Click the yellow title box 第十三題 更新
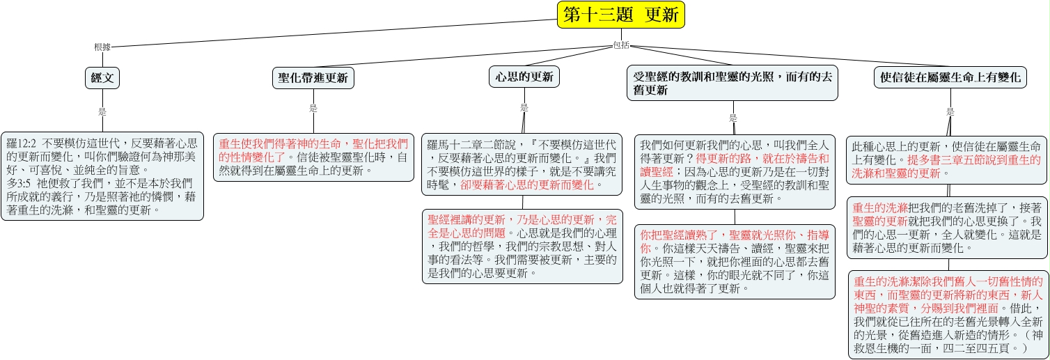point(621,15)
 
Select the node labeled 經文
point(102,77)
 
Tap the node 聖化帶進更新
point(313,78)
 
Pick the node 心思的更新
point(524,77)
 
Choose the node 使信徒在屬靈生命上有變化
point(950,77)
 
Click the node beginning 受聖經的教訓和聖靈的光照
point(732,83)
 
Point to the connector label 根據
point(102,47)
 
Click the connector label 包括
point(621,45)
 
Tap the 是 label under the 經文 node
point(102,111)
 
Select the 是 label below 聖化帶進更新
point(313,109)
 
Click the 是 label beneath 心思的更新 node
point(524,107)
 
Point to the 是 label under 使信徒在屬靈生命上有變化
point(950,111)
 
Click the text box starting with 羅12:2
point(102,176)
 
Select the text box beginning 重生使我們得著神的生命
point(313,157)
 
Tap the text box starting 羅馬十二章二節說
point(522,164)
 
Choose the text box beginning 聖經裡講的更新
point(523,246)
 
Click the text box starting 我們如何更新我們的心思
point(735,172)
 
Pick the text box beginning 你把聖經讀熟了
point(735,262)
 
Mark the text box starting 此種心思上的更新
point(946,160)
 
